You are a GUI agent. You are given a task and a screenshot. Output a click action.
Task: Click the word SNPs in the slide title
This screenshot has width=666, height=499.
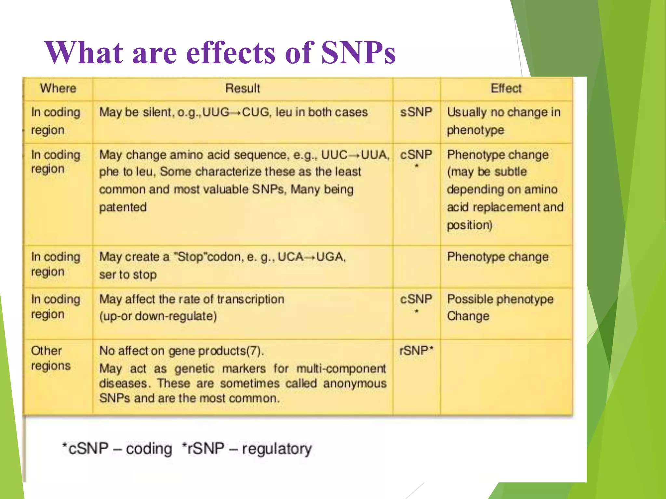358,53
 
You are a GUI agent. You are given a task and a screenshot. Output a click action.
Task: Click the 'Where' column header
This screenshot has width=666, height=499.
58,88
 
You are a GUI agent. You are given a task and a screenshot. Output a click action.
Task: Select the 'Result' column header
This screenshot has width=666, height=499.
243,88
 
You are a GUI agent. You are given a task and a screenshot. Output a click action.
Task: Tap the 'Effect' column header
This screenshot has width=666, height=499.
506,88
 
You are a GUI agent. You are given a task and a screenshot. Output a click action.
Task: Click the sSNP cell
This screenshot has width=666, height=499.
416,112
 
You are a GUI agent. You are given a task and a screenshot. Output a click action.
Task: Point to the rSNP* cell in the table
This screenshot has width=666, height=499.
416,351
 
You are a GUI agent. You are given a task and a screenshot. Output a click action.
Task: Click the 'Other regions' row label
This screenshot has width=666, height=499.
50,358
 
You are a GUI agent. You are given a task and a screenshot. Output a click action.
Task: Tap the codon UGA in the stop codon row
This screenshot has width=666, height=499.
330,257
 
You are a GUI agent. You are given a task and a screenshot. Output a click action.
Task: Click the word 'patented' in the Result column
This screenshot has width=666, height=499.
123,207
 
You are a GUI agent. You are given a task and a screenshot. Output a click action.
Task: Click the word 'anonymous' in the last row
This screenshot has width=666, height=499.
355,384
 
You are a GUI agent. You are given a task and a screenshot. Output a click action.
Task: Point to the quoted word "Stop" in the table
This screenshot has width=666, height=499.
190,257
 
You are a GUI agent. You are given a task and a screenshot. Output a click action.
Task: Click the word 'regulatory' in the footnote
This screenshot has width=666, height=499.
277,449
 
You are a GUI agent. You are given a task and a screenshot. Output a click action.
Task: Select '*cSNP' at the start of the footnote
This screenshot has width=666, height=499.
85,449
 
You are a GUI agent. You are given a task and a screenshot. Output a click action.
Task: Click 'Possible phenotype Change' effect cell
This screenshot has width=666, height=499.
500,307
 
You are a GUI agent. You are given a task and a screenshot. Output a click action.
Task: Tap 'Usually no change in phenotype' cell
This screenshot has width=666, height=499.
503,121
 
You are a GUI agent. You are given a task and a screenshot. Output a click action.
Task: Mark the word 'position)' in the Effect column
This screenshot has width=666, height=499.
469,225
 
